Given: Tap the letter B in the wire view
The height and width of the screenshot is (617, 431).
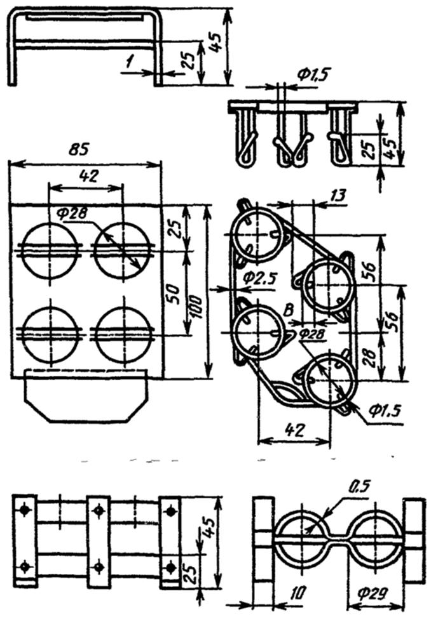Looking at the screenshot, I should [x=289, y=310].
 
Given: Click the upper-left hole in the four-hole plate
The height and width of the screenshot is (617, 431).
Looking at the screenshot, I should [x=50, y=250].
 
